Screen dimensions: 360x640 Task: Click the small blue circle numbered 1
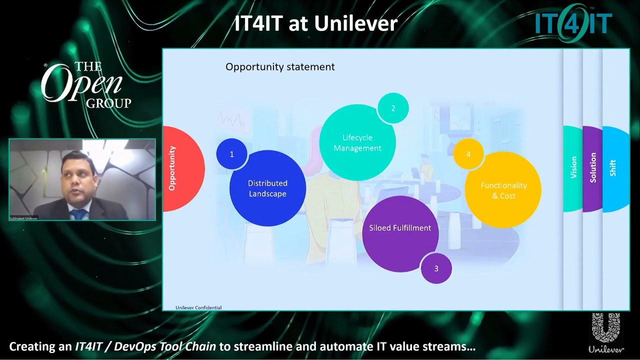coord(231,154)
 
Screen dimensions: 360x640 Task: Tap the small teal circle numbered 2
coord(393,108)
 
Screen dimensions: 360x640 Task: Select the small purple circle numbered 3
coord(436,268)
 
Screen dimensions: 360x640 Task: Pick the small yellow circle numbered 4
coord(468,154)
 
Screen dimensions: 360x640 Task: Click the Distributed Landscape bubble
coord(267,188)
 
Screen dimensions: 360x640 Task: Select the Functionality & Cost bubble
coord(503,190)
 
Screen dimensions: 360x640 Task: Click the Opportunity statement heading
coord(280,67)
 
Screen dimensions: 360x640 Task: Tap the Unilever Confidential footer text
coord(198,307)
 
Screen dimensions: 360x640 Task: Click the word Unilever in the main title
coord(354,23)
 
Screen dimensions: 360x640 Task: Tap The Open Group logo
coord(86,85)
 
